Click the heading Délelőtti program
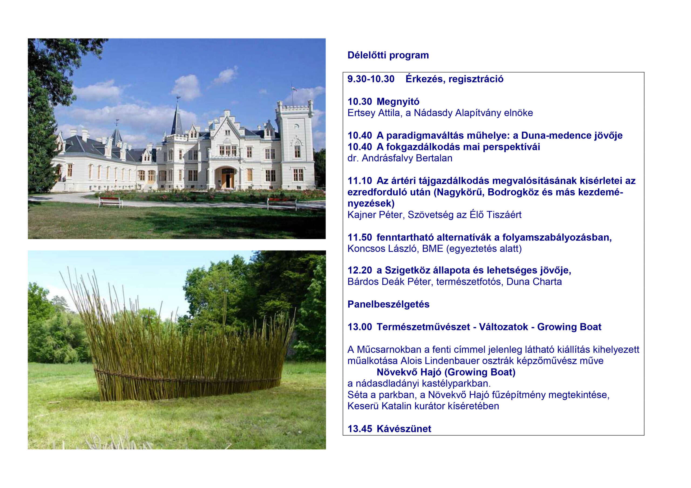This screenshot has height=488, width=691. coord(388,55)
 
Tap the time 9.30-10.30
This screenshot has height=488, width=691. coord(371,79)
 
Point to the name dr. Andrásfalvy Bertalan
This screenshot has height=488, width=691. coord(400,158)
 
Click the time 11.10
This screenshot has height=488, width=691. coord(360,181)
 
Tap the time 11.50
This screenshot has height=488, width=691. coord(360,237)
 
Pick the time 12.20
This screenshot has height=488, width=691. coord(360,270)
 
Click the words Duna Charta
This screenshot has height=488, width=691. coord(534,282)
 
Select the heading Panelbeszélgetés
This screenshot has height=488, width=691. coord(388,304)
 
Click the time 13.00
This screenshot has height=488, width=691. coord(360,327)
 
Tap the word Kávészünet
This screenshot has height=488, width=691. coord(404,428)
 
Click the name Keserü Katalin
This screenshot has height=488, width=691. coord(379,406)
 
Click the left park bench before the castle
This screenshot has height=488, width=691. coord(110,202)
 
